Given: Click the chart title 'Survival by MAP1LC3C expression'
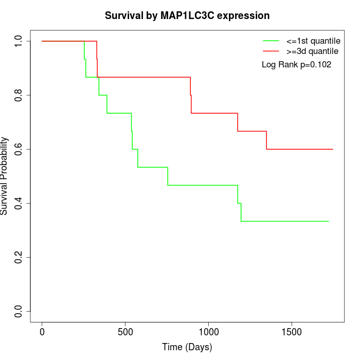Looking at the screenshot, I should [x=187, y=16].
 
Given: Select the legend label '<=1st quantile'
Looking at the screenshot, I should [x=310, y=41].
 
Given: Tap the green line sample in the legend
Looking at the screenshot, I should [x=271, y=41].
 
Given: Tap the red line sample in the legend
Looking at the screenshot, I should [x=271, y=51].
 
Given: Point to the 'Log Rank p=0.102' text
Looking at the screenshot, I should [x=297, y=65].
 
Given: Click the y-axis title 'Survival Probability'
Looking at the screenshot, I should [x=5, y=176].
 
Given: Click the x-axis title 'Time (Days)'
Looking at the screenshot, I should [x=187, y=347].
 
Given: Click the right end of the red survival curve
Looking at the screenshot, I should [x=333, y=149].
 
